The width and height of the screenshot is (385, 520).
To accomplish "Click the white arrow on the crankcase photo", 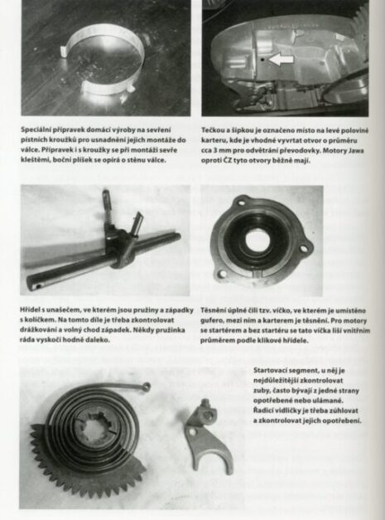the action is [x=281, y=59].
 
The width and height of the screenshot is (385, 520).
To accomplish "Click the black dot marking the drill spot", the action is [x=262, y=60].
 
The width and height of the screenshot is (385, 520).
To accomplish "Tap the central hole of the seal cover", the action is [x=257, y=241].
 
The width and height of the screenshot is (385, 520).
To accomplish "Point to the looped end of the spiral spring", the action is [x=146, y=386].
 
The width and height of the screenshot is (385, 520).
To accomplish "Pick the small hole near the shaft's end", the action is [x=39, y=285].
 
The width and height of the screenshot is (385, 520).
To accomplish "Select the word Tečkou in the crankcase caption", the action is [x=212, y=130].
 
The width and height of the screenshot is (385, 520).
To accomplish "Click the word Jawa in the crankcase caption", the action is [x=357, y=151].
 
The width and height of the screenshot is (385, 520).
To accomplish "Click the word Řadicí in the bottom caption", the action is [x=262, y=411].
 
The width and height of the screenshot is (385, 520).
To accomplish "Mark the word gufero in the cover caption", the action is [x=209, y=321].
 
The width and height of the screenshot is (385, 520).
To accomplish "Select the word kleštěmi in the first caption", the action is [x=32, y=160].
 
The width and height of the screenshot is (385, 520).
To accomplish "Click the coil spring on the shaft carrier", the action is [x=108, y=204].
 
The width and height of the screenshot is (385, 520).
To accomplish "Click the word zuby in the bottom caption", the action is [x=260, y=391].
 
